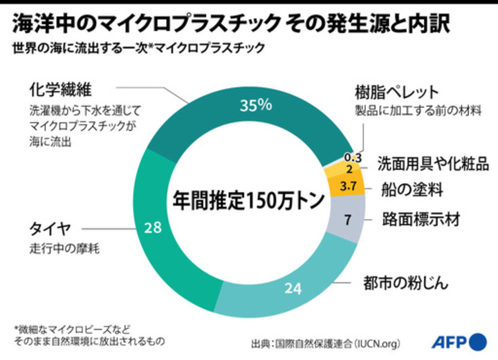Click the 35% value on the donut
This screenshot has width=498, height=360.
click(255, 106)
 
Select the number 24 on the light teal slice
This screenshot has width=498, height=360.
click(293, 288)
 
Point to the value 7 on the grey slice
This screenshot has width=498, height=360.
click(348, 220)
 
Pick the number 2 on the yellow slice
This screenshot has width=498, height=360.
click(349, 169)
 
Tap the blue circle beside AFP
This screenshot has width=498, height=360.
click(478, 341)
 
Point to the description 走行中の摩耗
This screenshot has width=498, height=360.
click(64, 248)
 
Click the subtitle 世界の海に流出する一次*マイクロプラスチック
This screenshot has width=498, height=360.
click(137, 48)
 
